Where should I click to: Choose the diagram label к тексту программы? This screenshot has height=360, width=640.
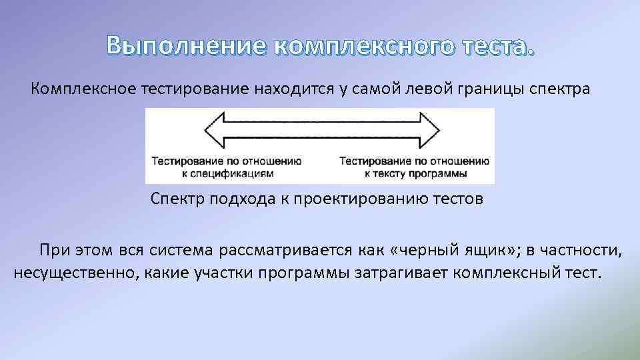click(415, 173)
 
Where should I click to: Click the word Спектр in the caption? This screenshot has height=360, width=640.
click(175, 199)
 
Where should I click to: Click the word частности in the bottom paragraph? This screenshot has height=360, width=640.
click(581, 251)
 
